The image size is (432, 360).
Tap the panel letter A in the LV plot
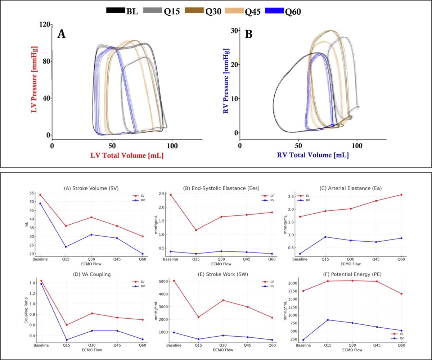click(62, 34)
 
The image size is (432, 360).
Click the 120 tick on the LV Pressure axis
click(45, 24)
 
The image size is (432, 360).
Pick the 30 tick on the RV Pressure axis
click(234, 31)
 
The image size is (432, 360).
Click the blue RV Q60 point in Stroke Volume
click(142, 254)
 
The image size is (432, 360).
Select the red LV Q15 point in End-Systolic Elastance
click(195, 230)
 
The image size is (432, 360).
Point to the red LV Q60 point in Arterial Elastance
click(401, 195)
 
